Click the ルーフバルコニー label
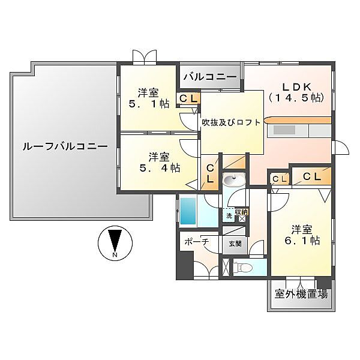click(x=65, y=146)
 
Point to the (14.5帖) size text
click(x=296, y=98)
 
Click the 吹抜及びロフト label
click(x=231, y=122)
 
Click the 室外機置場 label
click(x=301, y=294)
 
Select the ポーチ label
click(x=196, y=241)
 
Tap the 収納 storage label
click(x=241, y=212)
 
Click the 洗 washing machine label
click(x=229, y=215)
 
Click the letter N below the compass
click(x=114, y=256)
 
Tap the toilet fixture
click(x=242, y=268)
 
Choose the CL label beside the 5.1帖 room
click(x=188, y=99)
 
